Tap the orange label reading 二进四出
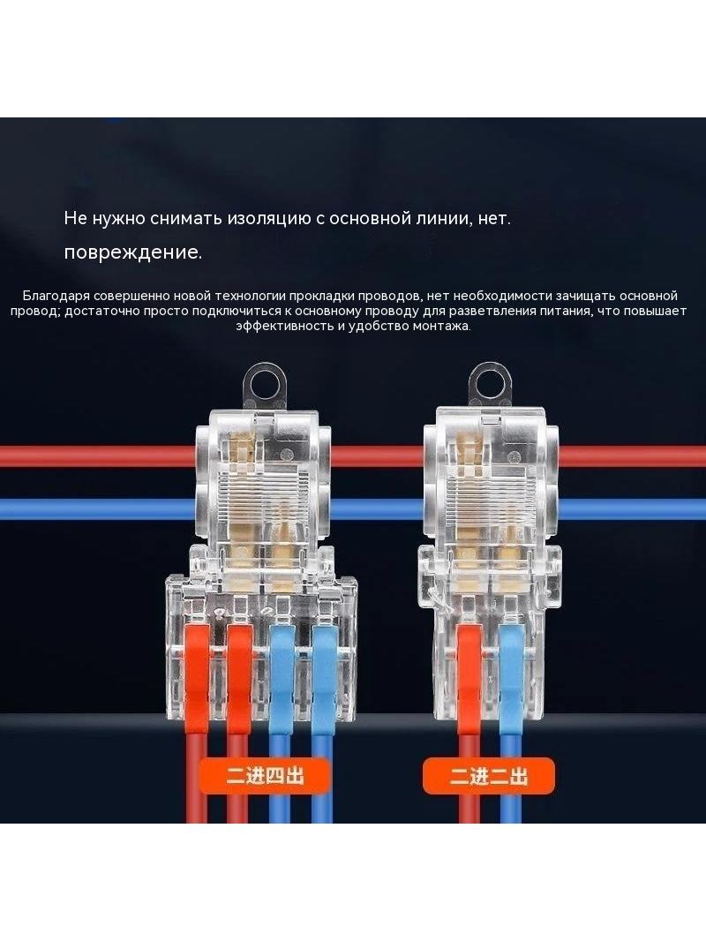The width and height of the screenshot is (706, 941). point(265,776)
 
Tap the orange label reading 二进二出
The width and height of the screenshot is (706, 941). point(488,776)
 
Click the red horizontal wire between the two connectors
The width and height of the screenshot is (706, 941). point(378,456)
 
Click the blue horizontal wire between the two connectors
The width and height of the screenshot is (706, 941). point(378,509)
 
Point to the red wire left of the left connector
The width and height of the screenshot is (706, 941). point(98,456)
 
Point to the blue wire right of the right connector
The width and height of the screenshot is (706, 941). point(632,509)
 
